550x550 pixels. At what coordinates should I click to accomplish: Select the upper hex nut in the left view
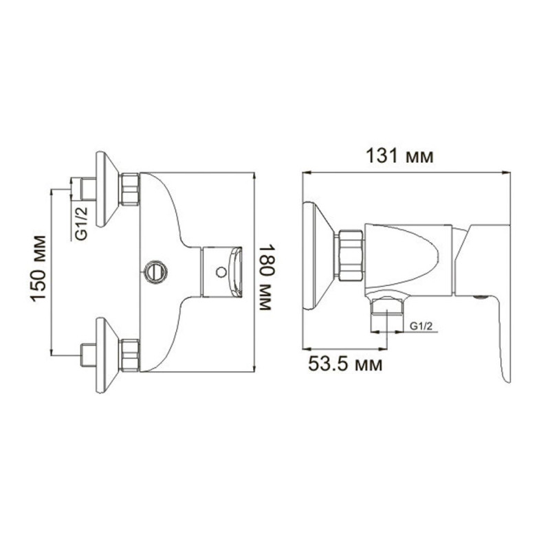click(129, 189)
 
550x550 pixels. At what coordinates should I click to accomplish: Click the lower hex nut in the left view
click(129, 354)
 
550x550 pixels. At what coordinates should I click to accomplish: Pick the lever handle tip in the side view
click(507, 375)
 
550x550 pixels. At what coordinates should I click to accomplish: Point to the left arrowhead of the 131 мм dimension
click(307, 173)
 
